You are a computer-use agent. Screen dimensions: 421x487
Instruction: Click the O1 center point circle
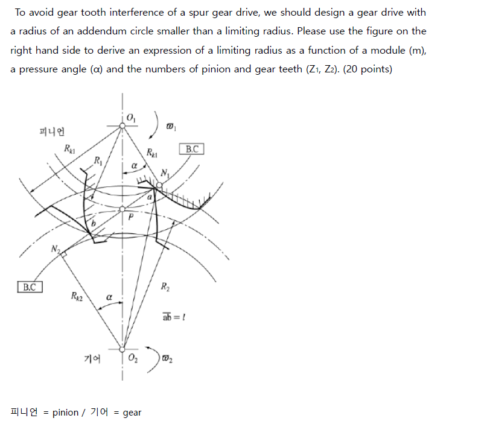pyautogui.click(x=123, y=125)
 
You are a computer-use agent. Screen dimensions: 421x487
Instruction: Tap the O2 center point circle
pyautogui.click(x=123, y=349)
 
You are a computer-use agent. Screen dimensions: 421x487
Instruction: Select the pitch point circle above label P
pyautogui.click(x=123, y=209)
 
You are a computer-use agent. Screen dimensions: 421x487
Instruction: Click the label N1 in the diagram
pyautogui.click(x=165, y=174)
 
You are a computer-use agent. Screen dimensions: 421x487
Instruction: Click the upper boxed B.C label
pyautogui.click(x=191, y=149)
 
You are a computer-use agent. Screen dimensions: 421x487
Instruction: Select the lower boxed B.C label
pyautogui.click(x=30, y=287)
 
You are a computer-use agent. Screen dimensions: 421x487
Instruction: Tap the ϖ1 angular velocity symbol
pyautogui.click(x=171, y=127)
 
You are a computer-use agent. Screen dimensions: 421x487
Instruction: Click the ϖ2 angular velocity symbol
pyautogui.click(x=167, y=360)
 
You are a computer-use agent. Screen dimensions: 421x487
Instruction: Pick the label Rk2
pyautogui.click(x=77, y=296)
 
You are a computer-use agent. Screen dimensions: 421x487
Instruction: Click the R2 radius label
pyautogui.click(x=165, y=287)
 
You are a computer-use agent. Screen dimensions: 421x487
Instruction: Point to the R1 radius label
pyautogui.click(x=97, y=160)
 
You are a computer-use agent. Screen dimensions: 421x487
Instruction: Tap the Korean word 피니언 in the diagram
pyautogui.click(x=52, y=131)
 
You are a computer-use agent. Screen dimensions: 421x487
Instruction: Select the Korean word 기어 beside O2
pyautogui.click(x=92, y=359)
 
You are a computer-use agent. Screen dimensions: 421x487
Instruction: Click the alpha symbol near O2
pyautogui.click(x=109, y=297)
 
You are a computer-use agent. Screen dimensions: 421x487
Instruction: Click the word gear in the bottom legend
pyautogui.click(x=132, y=413)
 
